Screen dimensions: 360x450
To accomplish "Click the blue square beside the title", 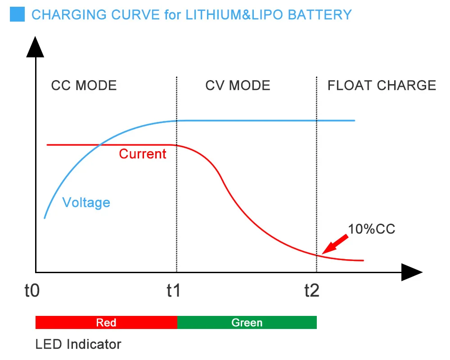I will coord(17,14).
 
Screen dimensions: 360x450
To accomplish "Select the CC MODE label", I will coord(84,85).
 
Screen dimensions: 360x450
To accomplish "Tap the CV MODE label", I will coord(238,85).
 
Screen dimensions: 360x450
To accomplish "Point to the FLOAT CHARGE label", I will coord(382,85).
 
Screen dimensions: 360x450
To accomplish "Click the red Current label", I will coord(143,154).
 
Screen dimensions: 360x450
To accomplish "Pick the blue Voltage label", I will coord(86,202).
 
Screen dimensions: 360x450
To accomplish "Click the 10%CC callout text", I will coord(372,229).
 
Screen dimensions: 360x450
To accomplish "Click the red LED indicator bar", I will coord(106,323).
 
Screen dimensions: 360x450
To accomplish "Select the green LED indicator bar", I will coord(247,323).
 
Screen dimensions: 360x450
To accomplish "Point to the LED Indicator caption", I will coord(78,345).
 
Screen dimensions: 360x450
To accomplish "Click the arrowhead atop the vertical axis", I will coord(35,47).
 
